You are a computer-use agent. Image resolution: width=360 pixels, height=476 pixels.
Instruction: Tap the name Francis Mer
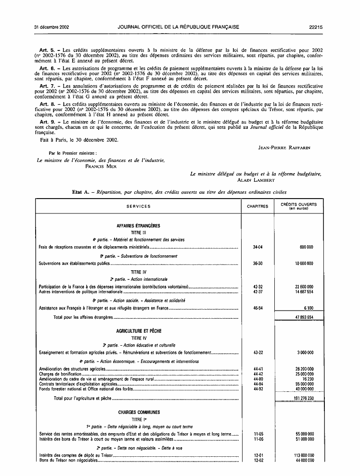click(101, 166)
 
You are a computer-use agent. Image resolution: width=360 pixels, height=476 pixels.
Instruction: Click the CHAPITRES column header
click(257, 206)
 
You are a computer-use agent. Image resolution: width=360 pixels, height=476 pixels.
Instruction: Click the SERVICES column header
click(138, 206)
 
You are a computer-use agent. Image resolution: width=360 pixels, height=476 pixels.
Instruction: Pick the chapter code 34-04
click(257, 247)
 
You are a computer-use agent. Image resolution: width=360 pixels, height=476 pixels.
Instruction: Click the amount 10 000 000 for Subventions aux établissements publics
click(301, 263)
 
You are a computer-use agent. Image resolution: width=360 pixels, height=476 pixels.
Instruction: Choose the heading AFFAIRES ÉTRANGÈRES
click(138, 225)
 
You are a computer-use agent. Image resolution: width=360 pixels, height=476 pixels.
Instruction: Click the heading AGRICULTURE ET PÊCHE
click(138, 331)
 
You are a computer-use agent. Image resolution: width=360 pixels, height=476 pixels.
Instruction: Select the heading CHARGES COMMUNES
click(138, 412)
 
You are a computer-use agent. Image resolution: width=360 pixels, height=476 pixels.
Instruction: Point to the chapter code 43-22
click(257, 352)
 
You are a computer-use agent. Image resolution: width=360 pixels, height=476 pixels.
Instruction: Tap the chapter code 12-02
click(257, 460)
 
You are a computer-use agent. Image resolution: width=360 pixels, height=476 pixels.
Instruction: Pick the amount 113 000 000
click(301, 455)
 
